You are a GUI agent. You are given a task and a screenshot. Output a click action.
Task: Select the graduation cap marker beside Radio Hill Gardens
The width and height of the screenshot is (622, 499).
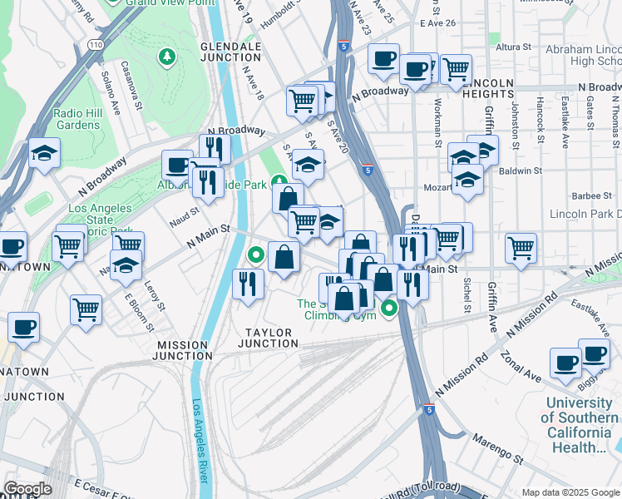point(44,154)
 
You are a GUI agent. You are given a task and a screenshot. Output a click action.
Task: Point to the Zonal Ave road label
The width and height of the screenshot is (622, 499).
point(521,365)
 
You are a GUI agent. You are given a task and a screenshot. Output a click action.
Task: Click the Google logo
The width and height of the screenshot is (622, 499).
point(27,488)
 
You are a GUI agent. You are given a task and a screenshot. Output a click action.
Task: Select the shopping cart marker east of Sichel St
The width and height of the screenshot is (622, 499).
point(521,246)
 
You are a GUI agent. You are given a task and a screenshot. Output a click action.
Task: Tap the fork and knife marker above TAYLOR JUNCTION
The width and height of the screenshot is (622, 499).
point(249,284)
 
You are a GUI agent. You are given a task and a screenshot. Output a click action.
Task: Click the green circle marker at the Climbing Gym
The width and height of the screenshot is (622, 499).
point(388,310)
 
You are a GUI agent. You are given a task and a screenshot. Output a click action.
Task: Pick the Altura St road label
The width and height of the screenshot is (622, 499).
point(513,48)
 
